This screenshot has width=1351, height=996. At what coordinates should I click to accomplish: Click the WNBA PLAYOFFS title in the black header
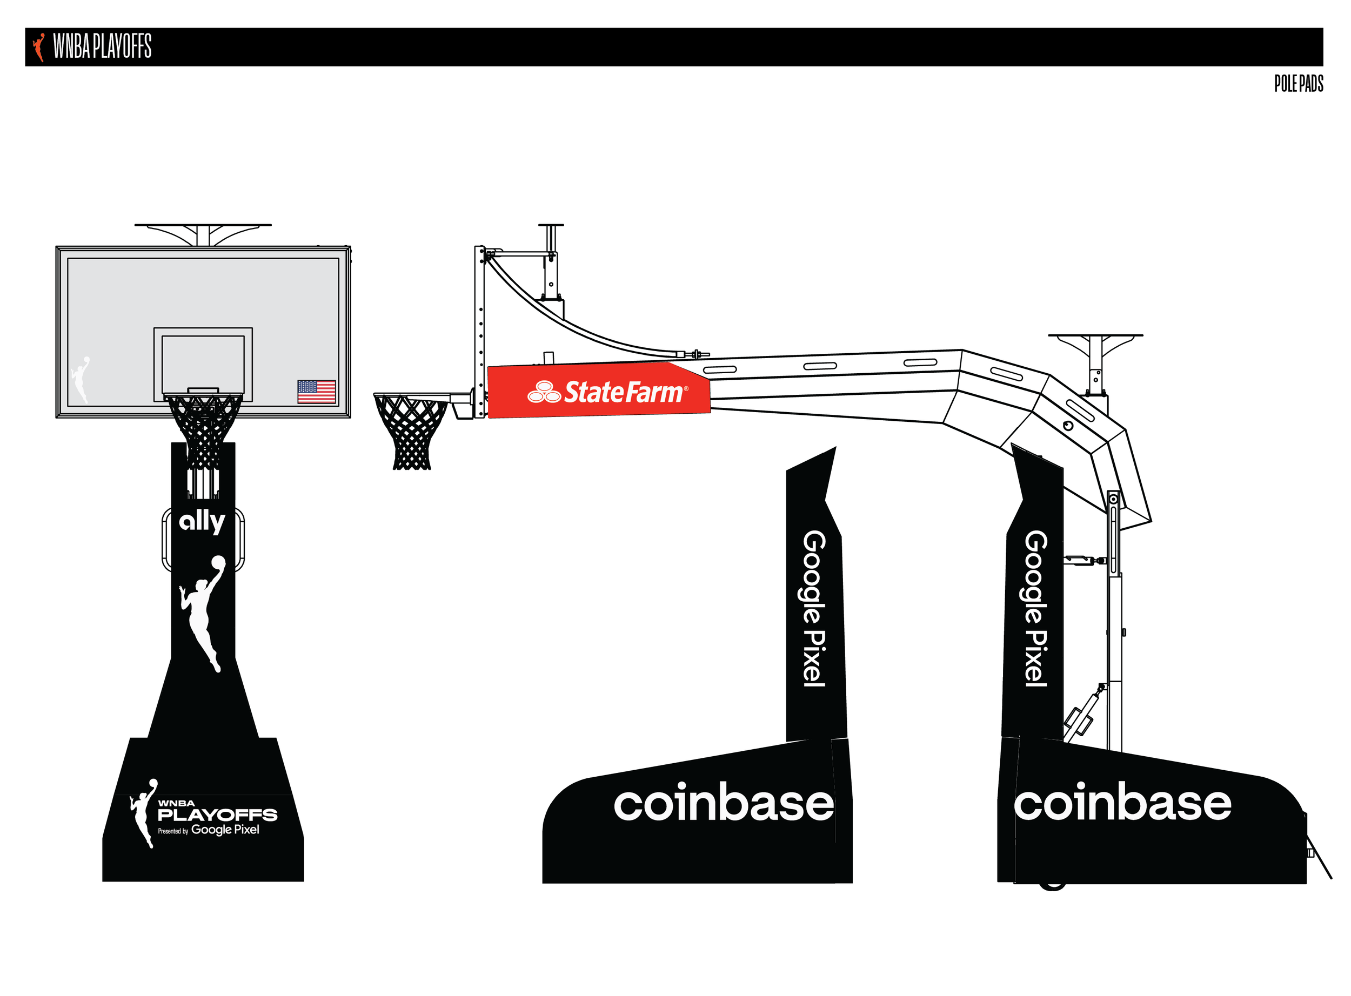point(102,46)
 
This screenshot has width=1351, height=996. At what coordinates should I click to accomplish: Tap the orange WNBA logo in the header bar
point(39,47)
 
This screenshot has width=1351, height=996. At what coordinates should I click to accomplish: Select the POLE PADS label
point(1298,84)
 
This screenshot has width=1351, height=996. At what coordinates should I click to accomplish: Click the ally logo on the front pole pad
point(202,522)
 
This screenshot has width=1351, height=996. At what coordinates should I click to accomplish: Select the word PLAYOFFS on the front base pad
point(217,815)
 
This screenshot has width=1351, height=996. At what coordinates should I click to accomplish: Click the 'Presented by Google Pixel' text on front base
point(209,830)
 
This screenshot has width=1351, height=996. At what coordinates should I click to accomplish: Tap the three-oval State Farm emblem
point(544,392)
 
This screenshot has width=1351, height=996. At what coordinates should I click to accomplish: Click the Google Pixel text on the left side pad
point(814,609)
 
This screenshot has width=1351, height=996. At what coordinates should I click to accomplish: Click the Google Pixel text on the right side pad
point(1035,609)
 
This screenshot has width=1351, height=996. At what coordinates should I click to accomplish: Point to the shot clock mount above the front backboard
point(203,234)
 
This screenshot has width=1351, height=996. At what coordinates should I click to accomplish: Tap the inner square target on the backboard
point(203,365)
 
